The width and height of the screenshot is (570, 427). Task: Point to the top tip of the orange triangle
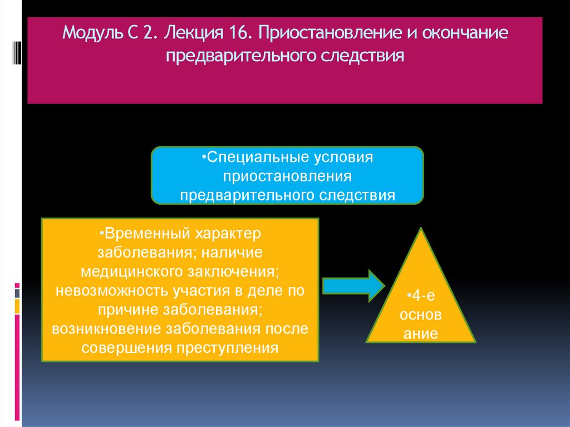[421, 229]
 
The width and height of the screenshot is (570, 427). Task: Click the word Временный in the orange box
[143, 233]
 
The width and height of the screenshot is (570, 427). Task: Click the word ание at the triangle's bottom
[421, 334]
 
